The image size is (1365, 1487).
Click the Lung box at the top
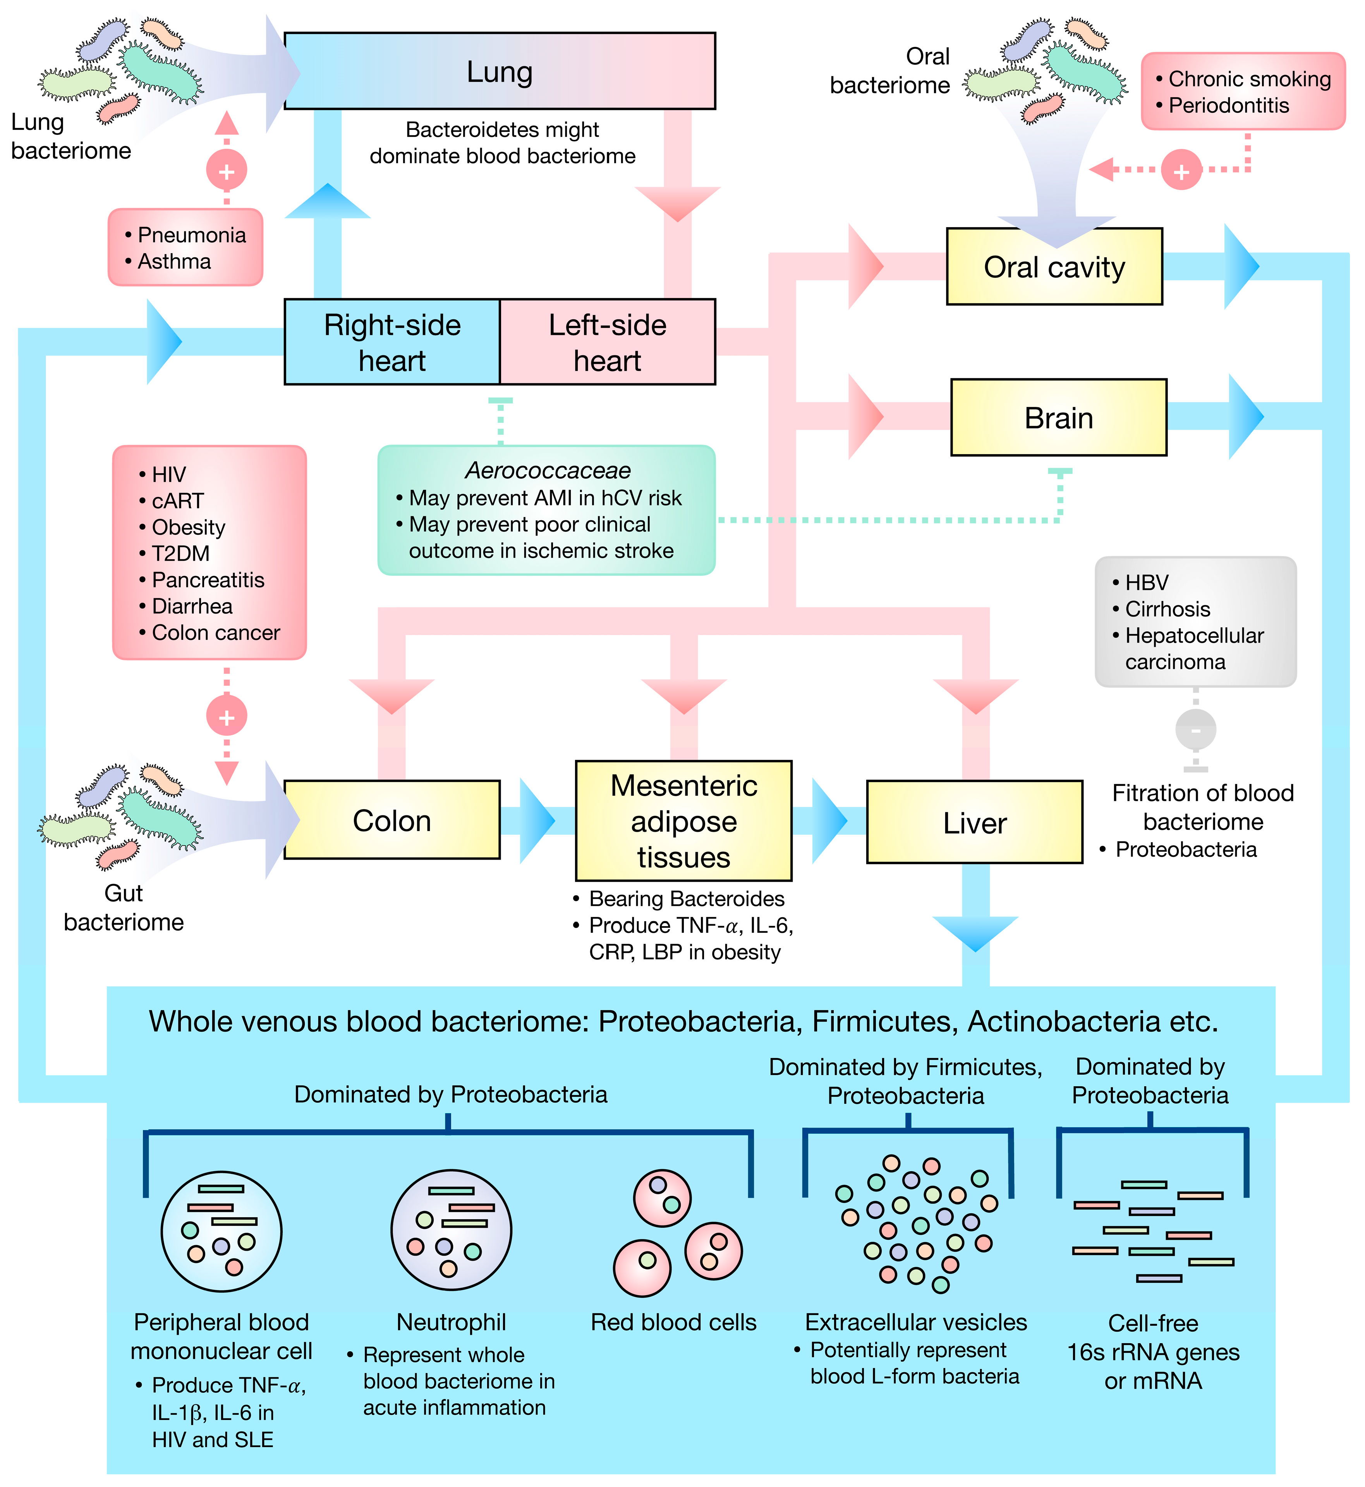point(499,72)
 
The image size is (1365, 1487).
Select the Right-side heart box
point(392,342)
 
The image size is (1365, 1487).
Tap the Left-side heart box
point(607,342)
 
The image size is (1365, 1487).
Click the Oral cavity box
point(1054,267)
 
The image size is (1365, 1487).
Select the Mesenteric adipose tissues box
point(683,820)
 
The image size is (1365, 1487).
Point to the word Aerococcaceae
point(547,470)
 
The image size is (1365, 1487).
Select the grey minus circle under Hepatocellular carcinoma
point(1195,729)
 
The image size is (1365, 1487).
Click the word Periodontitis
point(1228,106)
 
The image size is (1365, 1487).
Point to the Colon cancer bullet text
point(216,632)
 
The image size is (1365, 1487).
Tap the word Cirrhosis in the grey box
point(1167,609)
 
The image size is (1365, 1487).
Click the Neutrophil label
point(451,1322)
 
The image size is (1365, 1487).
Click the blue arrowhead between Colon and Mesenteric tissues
point(538,820)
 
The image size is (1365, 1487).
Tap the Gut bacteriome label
point(124,908)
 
